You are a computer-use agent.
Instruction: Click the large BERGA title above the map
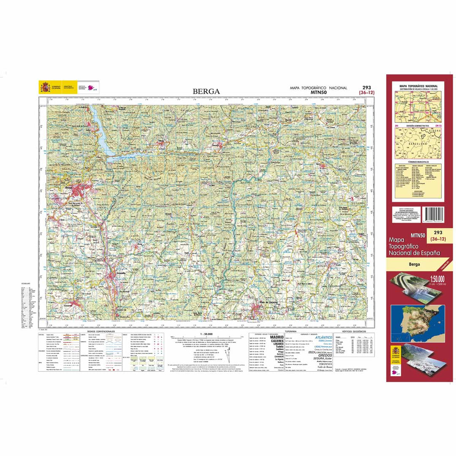(206, 91)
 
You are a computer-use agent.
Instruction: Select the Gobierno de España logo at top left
(50, 87)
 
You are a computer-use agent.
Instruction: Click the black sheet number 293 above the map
(366, 87)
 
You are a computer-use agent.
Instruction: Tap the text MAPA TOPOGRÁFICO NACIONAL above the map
(318, 88)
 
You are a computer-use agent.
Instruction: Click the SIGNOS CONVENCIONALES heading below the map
(101, 332)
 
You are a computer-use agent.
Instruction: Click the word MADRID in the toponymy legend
(277, 338)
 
